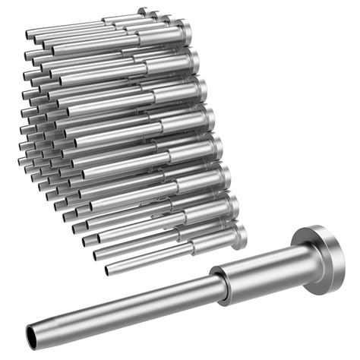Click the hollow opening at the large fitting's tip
coord(30,333)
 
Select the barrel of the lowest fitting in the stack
coord(213,245)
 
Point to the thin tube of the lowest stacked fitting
coord(152,259)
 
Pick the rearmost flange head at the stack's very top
coord(142,11)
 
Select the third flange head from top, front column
coord(201,90)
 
